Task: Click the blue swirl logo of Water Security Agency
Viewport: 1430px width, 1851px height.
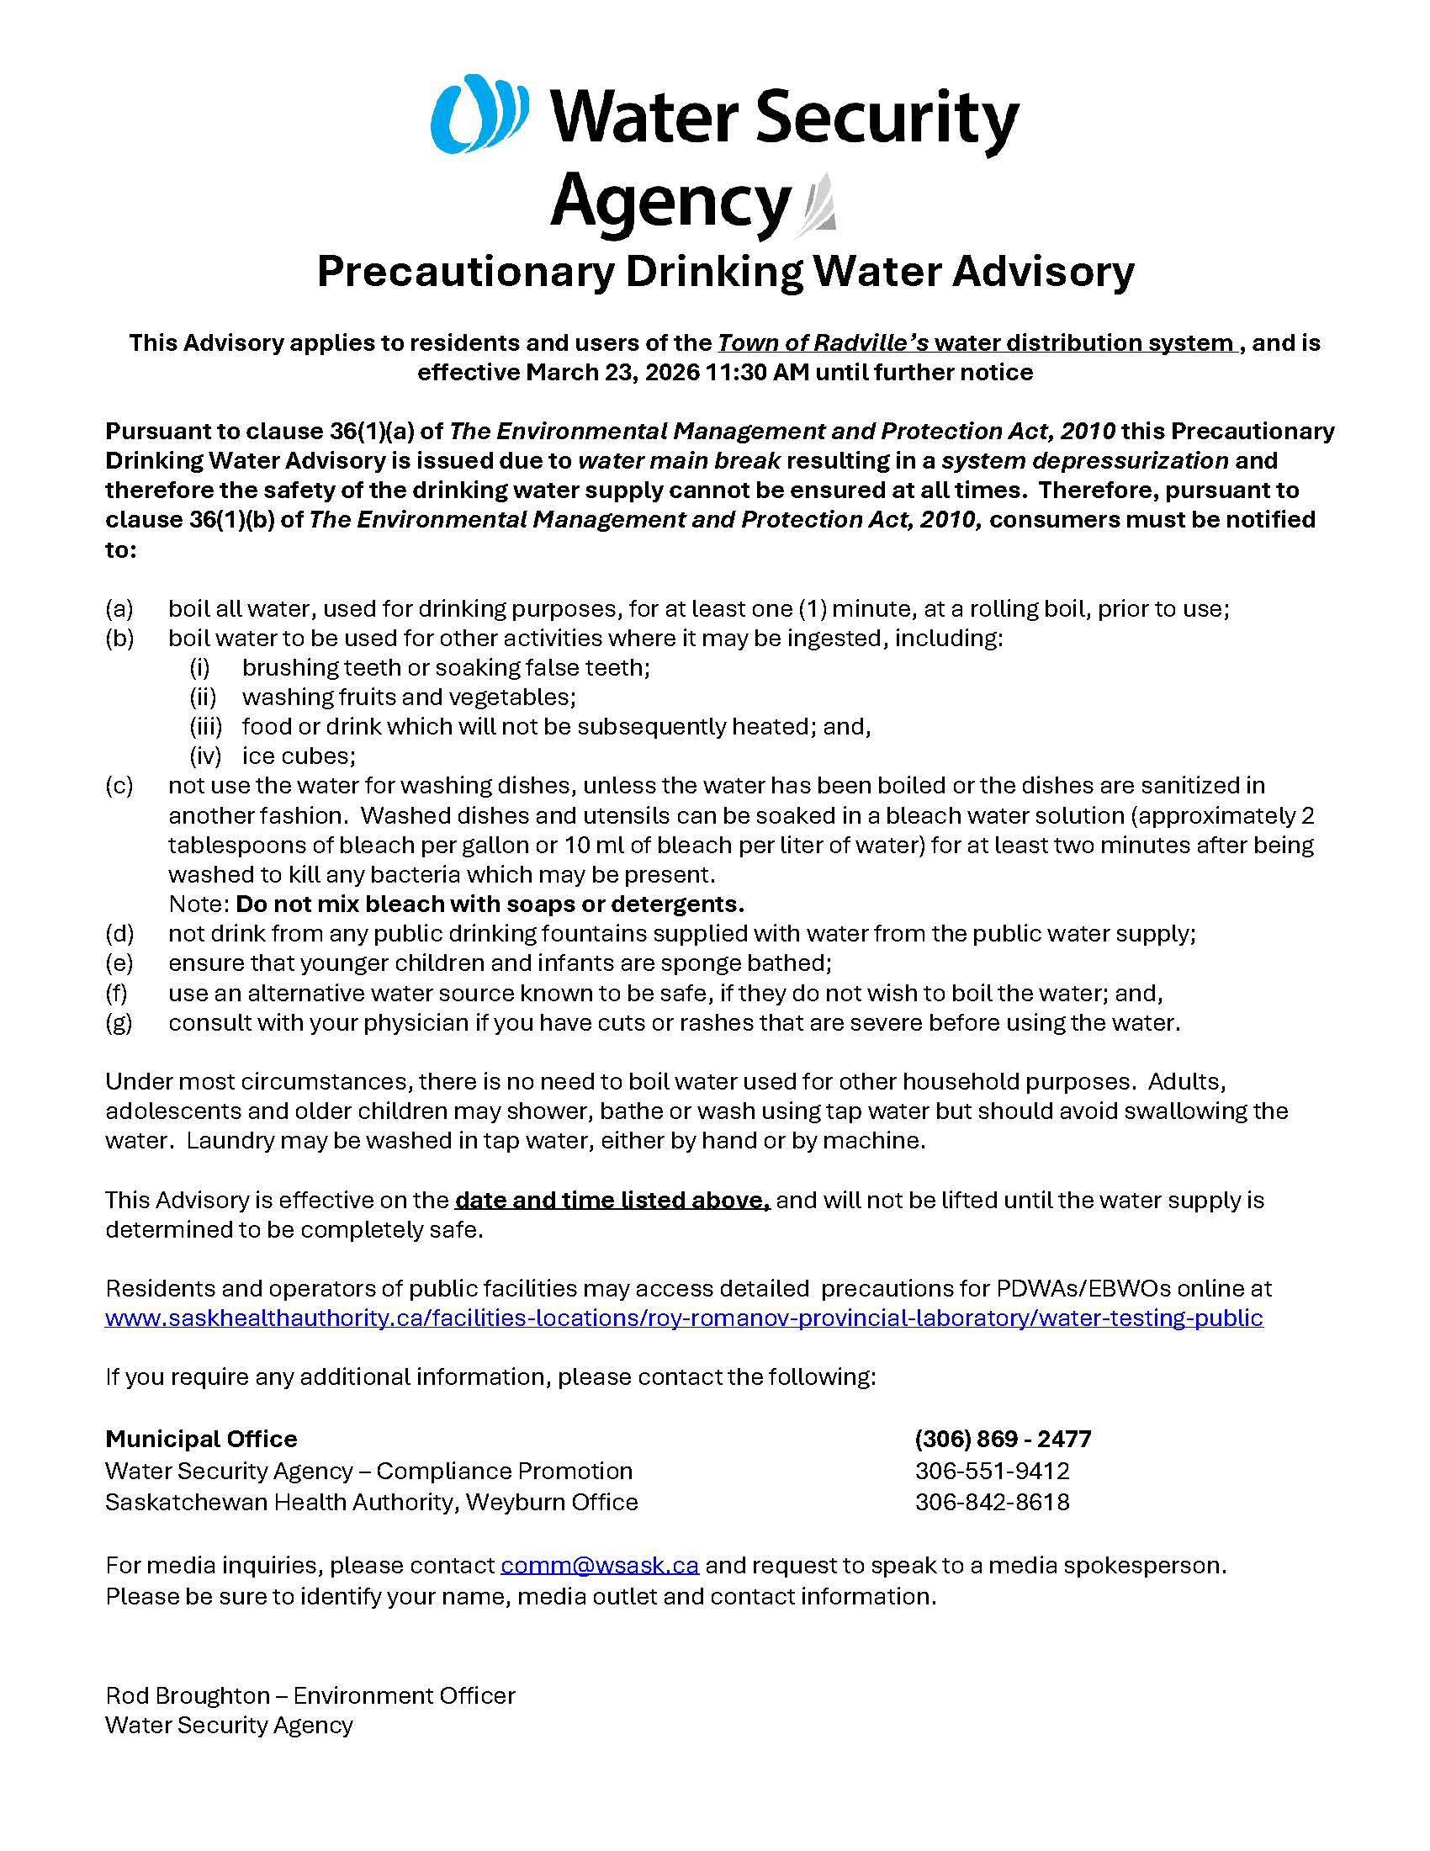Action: tap(479, 114)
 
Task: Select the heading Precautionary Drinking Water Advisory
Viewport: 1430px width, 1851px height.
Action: tap(725, 272)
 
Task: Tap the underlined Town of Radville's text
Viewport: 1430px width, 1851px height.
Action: tap(824, 342)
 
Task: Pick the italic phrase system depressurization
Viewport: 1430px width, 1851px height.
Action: tap(1084, 460)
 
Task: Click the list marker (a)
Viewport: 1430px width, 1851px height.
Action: tap(119, 608)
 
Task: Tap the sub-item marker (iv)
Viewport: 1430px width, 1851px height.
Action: tap(205, 756)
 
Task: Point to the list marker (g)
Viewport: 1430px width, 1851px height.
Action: tap(119, 1022)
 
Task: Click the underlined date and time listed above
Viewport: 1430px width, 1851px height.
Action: tap(612, 1200)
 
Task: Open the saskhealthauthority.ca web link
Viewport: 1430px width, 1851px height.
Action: tap(684, 1318)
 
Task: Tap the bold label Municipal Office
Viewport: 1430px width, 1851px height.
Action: tap(202, 1439)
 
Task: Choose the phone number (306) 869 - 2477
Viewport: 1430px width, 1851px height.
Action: tap(1003, 1439)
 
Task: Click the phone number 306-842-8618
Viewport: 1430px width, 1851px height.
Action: tap(992, 1502)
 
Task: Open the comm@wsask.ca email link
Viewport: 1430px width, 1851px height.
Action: tap(600, 1565)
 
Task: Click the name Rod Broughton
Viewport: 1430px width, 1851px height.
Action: tap(188, 1695)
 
